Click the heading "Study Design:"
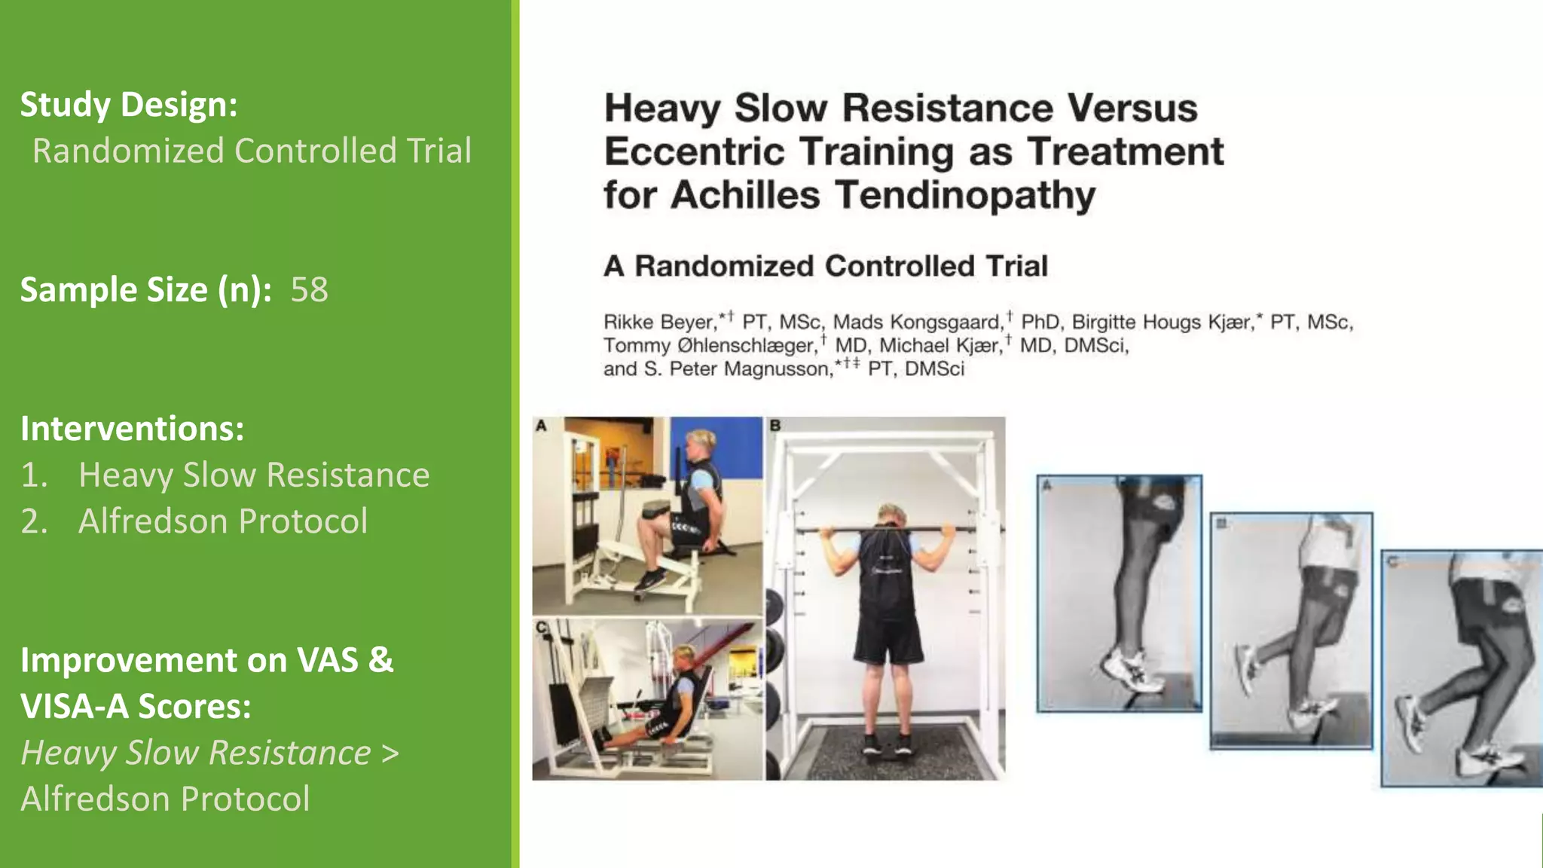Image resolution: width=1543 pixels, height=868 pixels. (x=129, y=105)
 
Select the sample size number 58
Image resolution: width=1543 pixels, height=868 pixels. (x=310, y=290)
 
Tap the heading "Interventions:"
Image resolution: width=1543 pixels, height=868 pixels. (x=133, y=429)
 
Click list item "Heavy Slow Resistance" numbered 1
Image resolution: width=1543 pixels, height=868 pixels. (x=254, y=475)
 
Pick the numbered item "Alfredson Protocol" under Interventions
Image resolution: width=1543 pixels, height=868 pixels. (x=223, y=521)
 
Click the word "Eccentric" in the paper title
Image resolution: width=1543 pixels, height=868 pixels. (x=695, y=151)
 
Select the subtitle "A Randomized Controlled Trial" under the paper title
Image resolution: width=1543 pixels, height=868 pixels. (x=826, y=266)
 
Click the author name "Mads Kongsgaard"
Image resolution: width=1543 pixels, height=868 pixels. (x=918, y=322)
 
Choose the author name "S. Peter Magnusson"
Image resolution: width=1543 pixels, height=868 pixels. (x=738, y=369)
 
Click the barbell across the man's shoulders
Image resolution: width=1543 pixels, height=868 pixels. (x=885, y=530)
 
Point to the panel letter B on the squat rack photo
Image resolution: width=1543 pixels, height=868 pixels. (x=775, y=426)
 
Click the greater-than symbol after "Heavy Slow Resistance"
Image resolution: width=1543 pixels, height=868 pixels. (x=390, y=753)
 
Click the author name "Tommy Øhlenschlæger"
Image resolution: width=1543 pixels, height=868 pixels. (x=709, y=346)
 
